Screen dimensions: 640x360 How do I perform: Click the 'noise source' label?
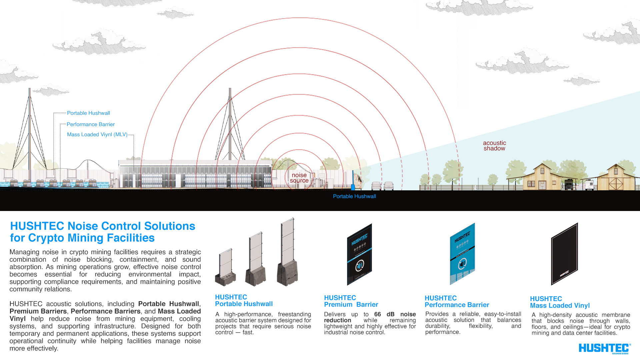pos(299,178)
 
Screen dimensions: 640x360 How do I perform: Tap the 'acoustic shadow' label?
pos(494,146)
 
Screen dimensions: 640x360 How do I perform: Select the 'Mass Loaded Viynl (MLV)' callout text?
pos(97,134)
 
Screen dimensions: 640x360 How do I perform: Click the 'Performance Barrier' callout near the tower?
pos(91,124)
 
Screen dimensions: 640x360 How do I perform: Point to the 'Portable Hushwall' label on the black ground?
pos(354,196)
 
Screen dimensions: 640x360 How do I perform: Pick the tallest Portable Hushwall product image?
pos(287,252)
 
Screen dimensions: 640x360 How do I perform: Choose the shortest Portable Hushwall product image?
pos(225,267)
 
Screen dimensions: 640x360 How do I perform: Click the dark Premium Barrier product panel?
pos(359,254)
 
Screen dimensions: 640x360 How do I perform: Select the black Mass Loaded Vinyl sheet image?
pos(564,254)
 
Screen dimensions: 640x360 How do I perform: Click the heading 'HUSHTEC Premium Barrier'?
pos(351,301)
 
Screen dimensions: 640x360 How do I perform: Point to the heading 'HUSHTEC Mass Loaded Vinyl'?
pos(560,302)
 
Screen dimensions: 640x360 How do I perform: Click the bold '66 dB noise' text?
pos(395,314)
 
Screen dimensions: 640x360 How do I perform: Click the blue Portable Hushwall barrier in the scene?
pos(353,181)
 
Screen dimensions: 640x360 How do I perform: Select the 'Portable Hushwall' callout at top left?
pos(88,113)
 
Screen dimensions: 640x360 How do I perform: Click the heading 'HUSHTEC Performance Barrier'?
pos(457,301)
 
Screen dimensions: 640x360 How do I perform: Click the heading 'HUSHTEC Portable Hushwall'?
pos(244,300)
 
